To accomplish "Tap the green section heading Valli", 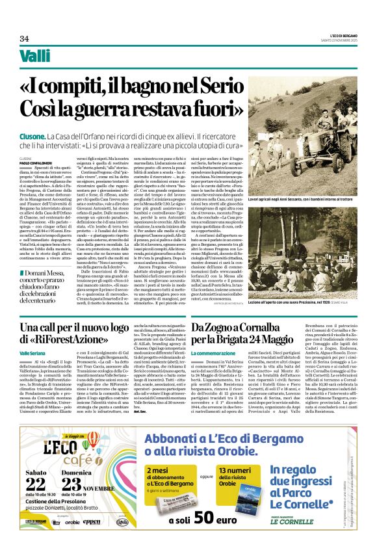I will tap(34, 57).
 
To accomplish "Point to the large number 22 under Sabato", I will tap(36, 482).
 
